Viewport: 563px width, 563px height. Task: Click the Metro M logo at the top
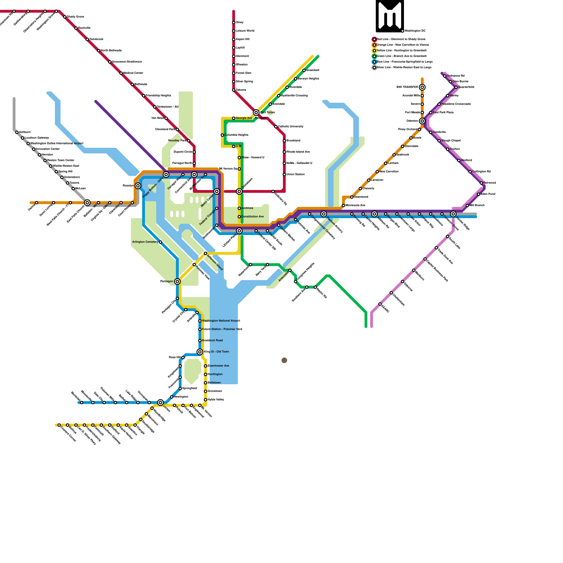coord(390,16)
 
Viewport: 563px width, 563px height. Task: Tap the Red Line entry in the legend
coord(401,39)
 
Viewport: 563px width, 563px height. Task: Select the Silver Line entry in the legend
coord(404,67)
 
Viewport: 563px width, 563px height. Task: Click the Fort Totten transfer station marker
coord(256,113)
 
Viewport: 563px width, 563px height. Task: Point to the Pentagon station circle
coord(177,281)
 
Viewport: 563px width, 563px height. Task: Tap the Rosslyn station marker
coord(138,186)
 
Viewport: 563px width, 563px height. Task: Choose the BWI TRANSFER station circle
coord(422,87)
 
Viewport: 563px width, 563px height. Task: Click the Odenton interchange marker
coord(422,121)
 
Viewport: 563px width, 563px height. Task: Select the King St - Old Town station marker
coord(200,352)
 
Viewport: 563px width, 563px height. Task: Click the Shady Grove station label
coord(75,17)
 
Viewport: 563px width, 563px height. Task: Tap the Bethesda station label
coord(140,84)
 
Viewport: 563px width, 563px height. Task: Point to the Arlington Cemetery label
coord(145,242)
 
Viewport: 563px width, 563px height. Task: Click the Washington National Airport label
coord(221,321)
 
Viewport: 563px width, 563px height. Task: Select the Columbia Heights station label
coord(236,135)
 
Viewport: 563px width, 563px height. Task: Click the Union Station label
coord(295,174)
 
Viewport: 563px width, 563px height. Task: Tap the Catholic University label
coord(291,126)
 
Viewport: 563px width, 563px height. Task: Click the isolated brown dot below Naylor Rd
coord(284,360)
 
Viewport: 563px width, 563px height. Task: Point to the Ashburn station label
coord(25,132)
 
